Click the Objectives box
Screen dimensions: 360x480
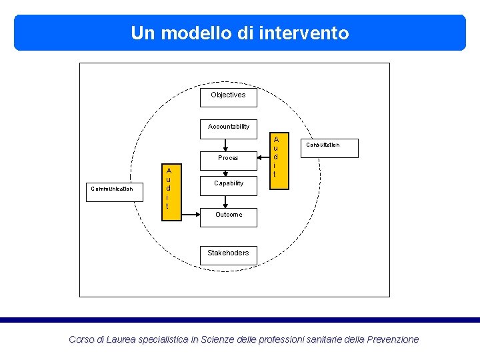click(x=228, y=95)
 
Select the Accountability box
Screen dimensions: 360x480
click(x=228, y=127)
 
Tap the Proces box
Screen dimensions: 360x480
click(x=228, y=158)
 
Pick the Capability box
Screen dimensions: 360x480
click(x=228, y=183)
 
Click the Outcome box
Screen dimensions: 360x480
click(x=228, y=215)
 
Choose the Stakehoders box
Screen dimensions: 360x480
click(x=228, y=253)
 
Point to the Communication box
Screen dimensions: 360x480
click(x=111, y=189)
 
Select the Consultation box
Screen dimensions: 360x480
click(x=323, y=145)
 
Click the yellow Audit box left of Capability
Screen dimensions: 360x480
click(x=169, y=188)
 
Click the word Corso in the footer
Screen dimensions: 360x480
click(x=81, y=339)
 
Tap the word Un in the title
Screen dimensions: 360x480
click(x=142, y=33)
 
